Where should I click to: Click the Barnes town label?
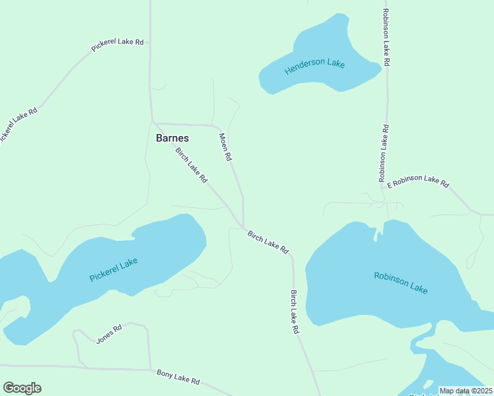click(172, 139)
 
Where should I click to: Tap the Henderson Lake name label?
click(314, 66)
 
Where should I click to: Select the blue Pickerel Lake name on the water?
click(114, 270)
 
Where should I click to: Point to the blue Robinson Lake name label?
click(401, 283)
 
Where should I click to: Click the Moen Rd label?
click(225, 147)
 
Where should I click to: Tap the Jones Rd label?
click(109, 335)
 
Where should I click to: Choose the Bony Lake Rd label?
click(178, 378)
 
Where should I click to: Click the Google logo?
click(22, 388)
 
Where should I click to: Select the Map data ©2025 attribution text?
click(466, 391)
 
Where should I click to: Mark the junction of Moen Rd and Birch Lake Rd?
click(243, 228)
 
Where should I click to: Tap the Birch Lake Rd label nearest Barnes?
click(192, 165)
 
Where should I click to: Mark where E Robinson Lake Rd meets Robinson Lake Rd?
click(383, 189)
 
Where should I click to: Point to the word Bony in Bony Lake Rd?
click(165, 374)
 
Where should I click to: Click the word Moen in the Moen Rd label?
click(223, 141)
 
